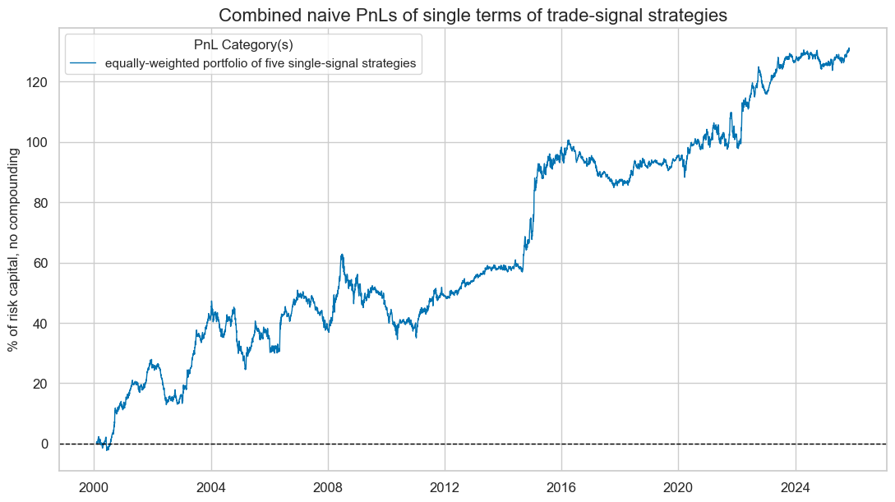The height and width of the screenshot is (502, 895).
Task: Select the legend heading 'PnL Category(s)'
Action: (243, 46)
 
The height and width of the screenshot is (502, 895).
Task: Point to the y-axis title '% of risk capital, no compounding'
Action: (14, 249)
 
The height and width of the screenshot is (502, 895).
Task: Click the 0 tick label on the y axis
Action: (46, 444)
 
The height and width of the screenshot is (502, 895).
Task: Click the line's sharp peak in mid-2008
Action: (342, 255)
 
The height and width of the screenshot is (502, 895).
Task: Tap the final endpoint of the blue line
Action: (849, 48)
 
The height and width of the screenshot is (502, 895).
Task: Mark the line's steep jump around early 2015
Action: (534, 197)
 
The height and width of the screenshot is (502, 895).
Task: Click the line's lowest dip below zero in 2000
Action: (107, 449)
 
